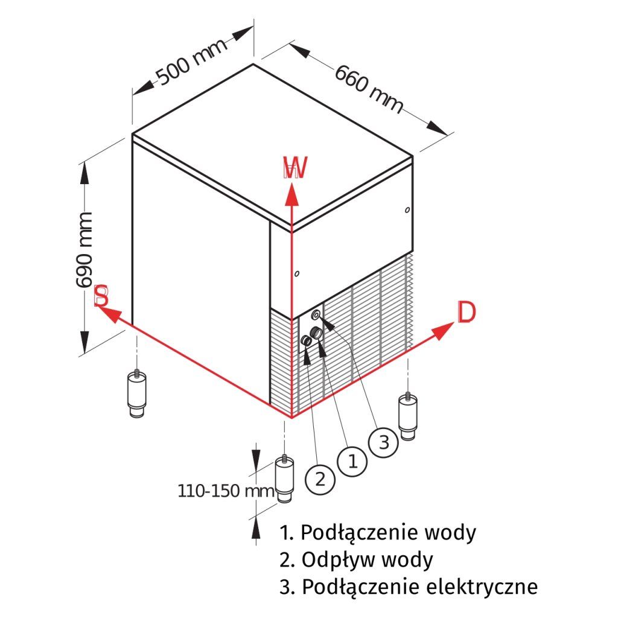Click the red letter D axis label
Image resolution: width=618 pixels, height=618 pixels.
(x=466, y=313)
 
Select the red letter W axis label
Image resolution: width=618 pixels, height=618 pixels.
(x=295, y=168)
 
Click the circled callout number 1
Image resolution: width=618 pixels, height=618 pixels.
(x=352, y=461)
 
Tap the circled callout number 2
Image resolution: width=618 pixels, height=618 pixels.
(x=320, y=479)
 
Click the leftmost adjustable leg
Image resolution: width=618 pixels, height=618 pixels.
(x=138, y=393)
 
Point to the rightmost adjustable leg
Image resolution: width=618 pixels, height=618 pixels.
(x=408, y=416)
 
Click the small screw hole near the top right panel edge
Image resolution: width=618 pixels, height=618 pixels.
(x=408, y=210)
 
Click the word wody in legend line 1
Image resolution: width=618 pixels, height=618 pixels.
(x=450, y=533)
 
